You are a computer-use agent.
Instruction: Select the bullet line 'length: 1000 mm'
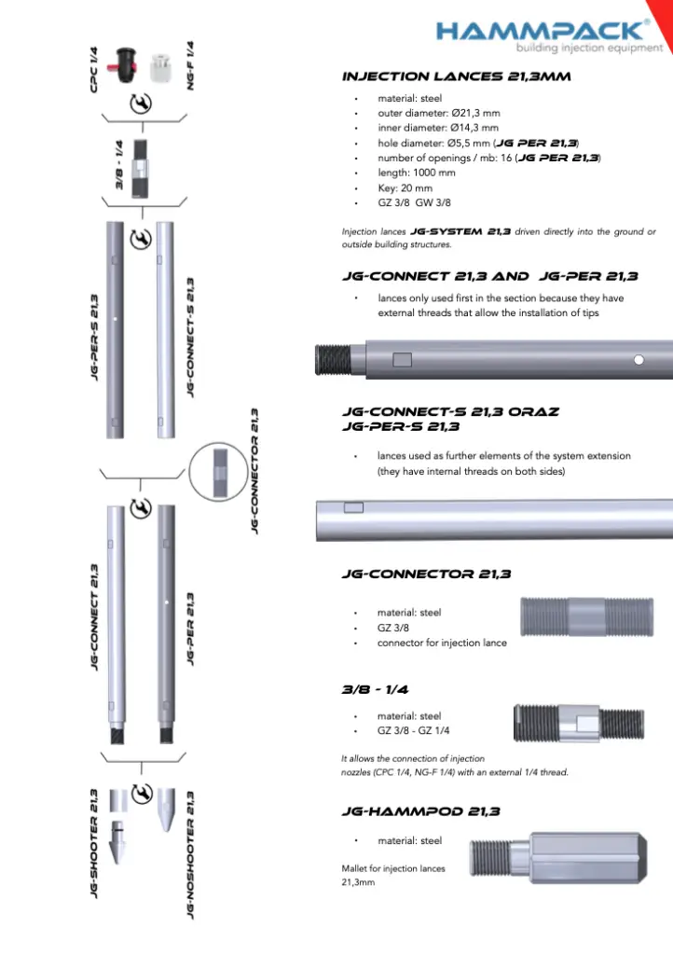(416, 173)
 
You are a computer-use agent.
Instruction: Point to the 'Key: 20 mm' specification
(405, 187)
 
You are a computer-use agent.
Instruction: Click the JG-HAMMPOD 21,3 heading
(421, 811)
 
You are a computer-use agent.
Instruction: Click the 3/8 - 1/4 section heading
(375, 690)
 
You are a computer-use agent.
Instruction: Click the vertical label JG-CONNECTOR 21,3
(254, 469)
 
